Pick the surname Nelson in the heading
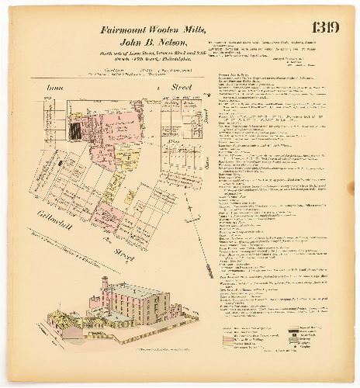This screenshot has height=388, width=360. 168,42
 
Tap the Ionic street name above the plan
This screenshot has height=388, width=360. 55,90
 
